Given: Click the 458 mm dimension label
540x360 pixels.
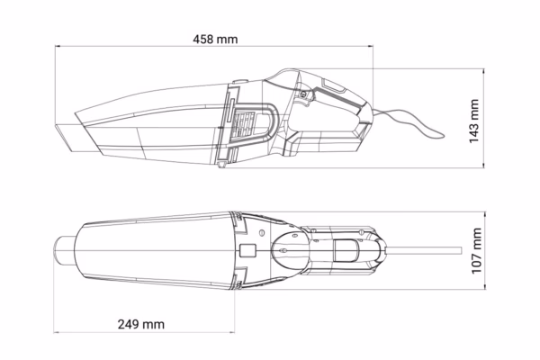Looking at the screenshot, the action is pos(215,40).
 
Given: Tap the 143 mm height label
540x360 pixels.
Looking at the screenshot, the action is pos(474,121).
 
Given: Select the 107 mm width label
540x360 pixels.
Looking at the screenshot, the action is pos(476,250).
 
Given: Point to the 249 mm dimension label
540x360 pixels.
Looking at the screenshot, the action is pos(141,324).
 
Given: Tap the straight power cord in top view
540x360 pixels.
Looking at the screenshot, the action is pos(424,250).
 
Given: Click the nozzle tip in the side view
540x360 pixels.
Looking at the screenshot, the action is pos(69,137).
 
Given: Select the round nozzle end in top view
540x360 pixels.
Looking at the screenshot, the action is pos(64,250).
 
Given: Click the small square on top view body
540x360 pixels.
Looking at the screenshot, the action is pos(247,250).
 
